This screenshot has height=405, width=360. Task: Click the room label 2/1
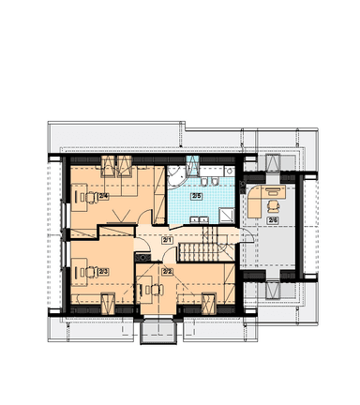click(x=167, y=240)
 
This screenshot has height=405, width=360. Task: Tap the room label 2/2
click(x=168, y=271)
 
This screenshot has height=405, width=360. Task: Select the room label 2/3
click(x=103, y=272)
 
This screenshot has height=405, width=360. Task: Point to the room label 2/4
click(x=103, y=196)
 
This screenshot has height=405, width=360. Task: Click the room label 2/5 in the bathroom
click(x=197, y=196)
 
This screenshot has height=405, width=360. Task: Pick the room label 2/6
click(x=273, y=220)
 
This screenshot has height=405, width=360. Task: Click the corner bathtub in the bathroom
click(x=176, y=177)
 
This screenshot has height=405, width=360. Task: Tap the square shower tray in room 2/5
click(x=227, y=216)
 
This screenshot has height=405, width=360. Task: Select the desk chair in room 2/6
click(x=273, y=206)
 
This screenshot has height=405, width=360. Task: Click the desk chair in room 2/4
click(x=90, y=197)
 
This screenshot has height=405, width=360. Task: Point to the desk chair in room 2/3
click(x=91, y=272)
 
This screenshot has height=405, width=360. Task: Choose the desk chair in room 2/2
click(x=157, y=290)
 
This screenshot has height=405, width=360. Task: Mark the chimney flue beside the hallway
click(x=143, y=257)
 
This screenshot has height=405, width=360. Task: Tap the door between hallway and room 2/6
click(x=247, y=235)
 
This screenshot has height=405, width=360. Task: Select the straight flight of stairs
click(x=199, y=252)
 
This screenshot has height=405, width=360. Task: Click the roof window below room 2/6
click(x=272, y=290)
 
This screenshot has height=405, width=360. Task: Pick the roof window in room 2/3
click(x=109, y=303)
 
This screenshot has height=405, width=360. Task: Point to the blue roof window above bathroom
click(x=192, y=164)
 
